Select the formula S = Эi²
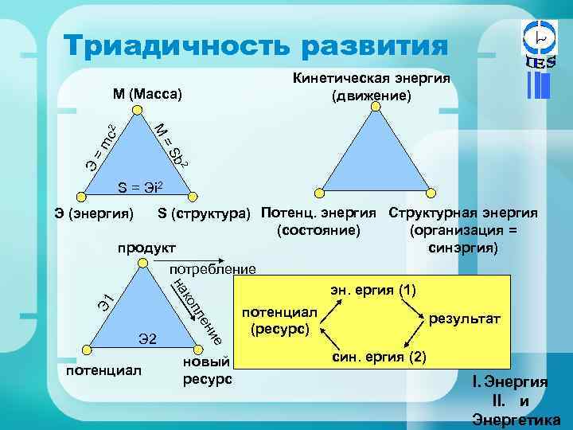click(140, 188)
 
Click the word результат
click(465, 319)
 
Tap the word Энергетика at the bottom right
click(516, 420)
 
